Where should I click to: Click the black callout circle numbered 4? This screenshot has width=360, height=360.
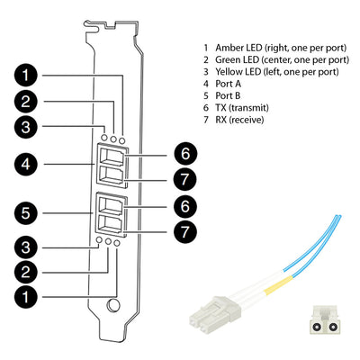(x=26, y=165)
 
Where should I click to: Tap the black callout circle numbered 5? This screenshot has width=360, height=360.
(x=26, y=213)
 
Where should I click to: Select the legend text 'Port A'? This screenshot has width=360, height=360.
(x=228, y=84)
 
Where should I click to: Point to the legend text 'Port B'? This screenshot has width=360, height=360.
(x=228, y=95)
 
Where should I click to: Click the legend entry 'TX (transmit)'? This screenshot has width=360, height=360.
(x=242, y=108)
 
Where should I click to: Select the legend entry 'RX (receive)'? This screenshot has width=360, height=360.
(x=239, y=120)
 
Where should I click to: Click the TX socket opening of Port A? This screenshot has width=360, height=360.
(x=112, y=157)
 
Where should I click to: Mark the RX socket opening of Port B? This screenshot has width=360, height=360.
(x=112, y=224)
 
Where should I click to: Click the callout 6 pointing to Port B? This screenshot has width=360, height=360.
(x=185, y=207)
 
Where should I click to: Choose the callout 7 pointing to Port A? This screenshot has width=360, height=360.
(x=185, y=179)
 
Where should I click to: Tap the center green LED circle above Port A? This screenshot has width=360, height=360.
(x=113, y=139)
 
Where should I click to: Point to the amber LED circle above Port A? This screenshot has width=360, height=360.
(x=121, y=139)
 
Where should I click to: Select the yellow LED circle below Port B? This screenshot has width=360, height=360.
(x=99, y=240)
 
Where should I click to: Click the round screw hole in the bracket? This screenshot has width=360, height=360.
(x=112, y=305)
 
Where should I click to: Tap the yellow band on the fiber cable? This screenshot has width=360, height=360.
(x=277, y=285)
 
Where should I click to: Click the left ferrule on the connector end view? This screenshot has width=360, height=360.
(x=315, y=327)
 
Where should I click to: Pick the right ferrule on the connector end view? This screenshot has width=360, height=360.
(x=331, y=327)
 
